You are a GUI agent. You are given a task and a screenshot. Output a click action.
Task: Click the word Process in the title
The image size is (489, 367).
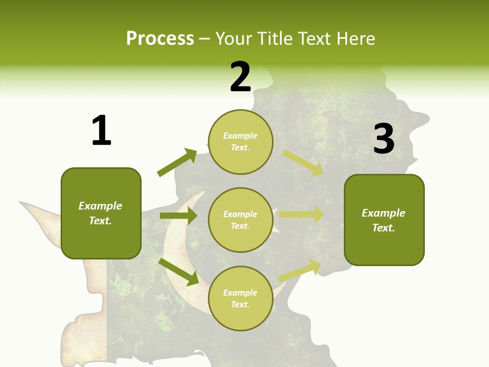coord(160,39)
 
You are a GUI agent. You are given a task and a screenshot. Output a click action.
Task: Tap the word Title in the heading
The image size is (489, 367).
coord(275,39)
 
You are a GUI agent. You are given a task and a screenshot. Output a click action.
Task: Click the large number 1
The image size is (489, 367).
coord(101,131)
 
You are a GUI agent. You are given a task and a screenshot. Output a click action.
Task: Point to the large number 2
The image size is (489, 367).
coord(240,77)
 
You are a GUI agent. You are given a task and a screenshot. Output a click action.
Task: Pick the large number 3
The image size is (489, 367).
coord(384,139)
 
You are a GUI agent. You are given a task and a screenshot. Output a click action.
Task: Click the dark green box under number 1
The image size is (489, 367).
coord(101,213)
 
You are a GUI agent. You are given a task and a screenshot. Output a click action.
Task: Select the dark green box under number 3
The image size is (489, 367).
coord(384,220)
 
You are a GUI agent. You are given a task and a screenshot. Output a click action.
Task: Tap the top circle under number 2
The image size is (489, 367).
coord(240,142)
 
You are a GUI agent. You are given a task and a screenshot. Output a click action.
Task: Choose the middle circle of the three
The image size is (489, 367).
coord(240,220)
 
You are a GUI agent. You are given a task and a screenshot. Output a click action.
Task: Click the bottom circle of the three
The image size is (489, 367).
coord(240,298)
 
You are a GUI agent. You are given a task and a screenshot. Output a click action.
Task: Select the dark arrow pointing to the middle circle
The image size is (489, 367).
coord(179,216)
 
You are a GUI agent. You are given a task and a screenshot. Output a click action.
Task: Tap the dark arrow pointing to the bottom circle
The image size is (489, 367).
coord(179,271)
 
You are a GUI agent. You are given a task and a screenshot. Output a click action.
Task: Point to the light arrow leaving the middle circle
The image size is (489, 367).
coord(302,215)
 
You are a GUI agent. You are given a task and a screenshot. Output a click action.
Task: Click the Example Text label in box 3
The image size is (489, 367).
coord(384,220)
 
